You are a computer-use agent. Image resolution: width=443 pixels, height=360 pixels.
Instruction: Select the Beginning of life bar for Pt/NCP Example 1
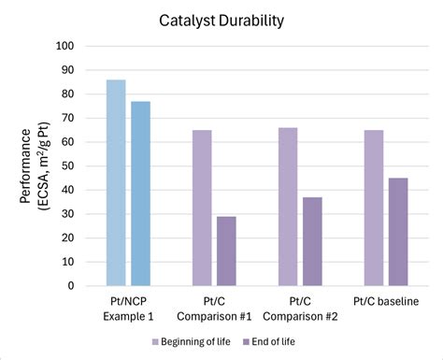(x=116, y=182)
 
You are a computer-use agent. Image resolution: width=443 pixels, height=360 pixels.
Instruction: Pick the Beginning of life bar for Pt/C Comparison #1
(x=201, y=208)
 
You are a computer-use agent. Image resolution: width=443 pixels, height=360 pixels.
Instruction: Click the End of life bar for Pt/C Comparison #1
(x=226, y=251)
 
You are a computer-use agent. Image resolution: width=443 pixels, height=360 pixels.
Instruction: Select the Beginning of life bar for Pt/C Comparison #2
(x=287, y=207)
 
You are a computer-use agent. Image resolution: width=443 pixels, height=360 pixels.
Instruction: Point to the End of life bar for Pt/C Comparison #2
(x=312, y=241)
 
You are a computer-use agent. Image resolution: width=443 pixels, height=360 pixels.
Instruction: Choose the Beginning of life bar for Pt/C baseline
(x=373, y=208)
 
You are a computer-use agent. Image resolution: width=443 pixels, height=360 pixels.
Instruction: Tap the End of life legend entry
(x=281, y=340)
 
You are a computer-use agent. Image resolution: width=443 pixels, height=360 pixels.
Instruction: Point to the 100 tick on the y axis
(x=64, y=45)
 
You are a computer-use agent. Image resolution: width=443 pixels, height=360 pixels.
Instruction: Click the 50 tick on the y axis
(x=67, y=166)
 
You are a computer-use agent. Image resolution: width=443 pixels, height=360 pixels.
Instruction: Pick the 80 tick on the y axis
(x=67, y=94)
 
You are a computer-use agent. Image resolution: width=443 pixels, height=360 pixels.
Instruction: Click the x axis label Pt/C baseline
(x=386, y=300)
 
